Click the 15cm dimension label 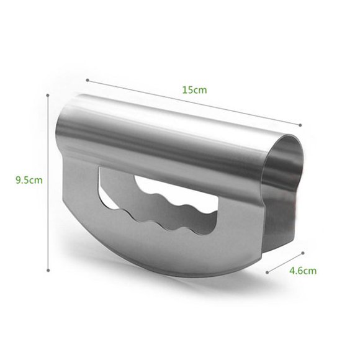(194, 89)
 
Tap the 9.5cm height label (29, 181)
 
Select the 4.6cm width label (303, 271)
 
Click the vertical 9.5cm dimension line (49, 181)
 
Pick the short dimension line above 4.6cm (284, 263)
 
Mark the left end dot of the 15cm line (87, 79)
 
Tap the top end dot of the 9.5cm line (49, 94)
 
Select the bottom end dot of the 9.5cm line (49, 269)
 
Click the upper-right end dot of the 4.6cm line (303, 253)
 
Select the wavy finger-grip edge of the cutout (168, 205)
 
